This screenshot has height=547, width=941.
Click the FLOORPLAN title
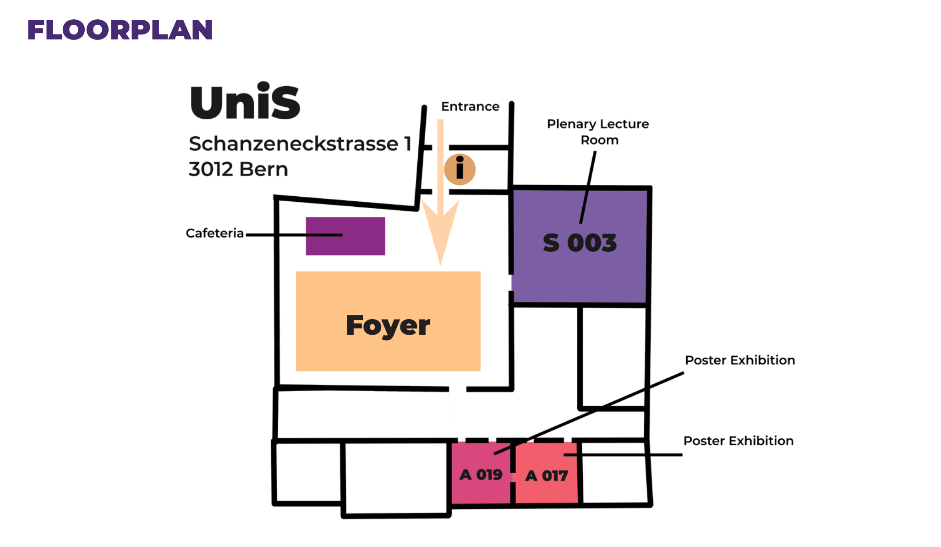(x=120, y=30)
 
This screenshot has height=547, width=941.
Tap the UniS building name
(x=245, y=102)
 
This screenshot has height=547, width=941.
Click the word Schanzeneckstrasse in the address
(x=294, y=144)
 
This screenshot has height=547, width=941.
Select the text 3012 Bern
(x=238, y=169)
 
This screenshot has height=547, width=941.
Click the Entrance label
(x=470, y=107)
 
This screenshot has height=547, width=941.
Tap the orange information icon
(x=460, y=169)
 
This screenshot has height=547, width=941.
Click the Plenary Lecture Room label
(x=598, y=132)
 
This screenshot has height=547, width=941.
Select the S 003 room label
(x=580, y=243)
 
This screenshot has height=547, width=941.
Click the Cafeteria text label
(x=214, y=233)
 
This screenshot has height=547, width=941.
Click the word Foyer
(x=388, y=325)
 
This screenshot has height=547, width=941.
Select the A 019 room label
(x=481, y=475)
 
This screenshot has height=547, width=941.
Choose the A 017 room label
(x=546, y=476)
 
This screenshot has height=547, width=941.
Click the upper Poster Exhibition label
(x=739, y=360)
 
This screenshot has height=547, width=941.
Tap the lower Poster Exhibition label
(x=738, y=441)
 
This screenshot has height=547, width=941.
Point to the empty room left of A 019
(x=396, y=478)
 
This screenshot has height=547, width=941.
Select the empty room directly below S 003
(x=613, y=357)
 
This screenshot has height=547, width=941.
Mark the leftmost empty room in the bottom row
(x=307, y=472)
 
